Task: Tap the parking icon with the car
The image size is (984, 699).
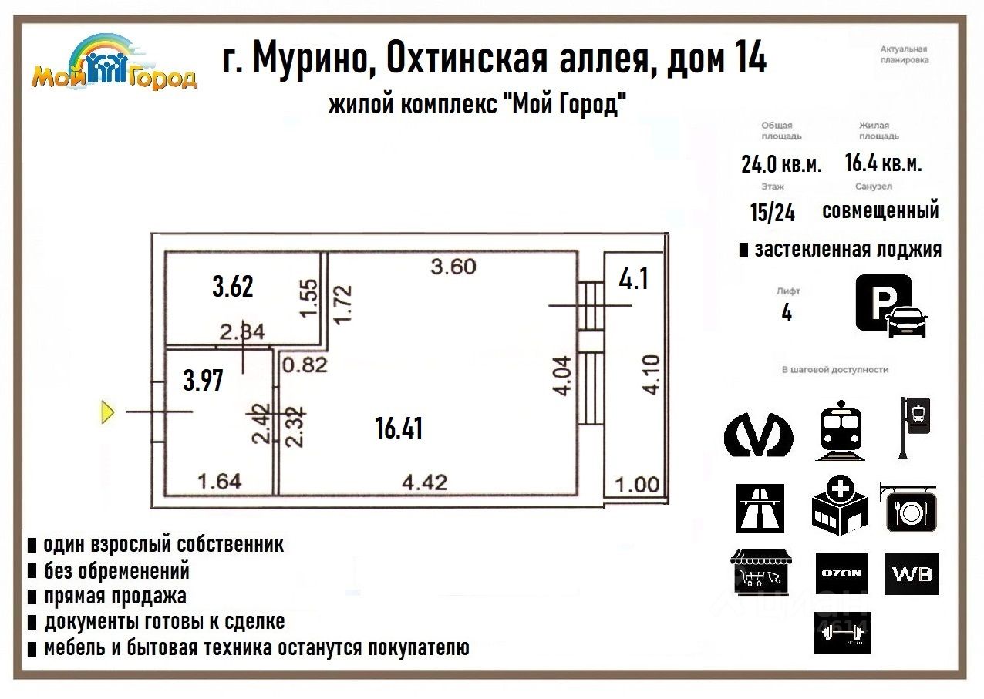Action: click(891, 306)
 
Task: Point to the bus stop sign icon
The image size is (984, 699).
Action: click(915, 428)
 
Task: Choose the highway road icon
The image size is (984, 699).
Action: click(760, 508)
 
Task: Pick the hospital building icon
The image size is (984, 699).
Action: click(839, 505)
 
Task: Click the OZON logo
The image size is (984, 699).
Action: click(841, 573)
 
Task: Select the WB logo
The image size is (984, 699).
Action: click(912, 574)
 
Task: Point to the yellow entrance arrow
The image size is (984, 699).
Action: click(108, 412)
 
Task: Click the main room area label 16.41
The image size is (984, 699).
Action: click(399, 428)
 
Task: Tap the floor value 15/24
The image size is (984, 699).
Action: click(772, 212)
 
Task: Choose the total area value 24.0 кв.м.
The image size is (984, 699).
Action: click(781, 164)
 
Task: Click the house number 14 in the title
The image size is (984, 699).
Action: click(747, 59)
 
